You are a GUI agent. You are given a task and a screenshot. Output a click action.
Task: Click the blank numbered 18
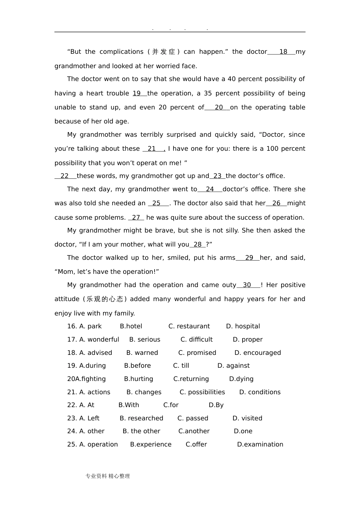click(x=283, y=52)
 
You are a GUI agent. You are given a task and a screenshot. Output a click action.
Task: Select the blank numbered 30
click(x=247, y=285)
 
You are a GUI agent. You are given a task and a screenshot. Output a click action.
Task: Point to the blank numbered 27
click(x=136, y=218)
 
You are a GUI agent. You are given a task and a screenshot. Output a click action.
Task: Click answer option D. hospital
click(x=243, y=326)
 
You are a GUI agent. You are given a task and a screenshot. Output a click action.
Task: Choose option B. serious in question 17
click(x=145, y=340)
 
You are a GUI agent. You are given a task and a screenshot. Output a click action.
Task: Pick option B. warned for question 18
click(x=142, y=353)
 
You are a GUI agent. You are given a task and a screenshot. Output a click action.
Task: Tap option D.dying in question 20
click(x=241, y=379)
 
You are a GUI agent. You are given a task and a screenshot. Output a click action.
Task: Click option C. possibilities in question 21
click(x=202, y=392)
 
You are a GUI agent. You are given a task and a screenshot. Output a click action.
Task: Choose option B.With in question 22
click(x=129, y=405)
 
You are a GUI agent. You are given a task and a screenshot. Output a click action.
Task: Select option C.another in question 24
click(x=194, y=431)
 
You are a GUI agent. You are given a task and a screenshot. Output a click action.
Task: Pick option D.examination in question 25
click(x=260, y=445)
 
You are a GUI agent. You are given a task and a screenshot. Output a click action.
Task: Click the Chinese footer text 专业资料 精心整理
click(x=108, y=476)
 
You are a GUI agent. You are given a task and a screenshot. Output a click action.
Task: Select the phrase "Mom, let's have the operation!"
click(x=107, y=272)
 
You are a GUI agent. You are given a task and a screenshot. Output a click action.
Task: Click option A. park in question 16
click(x=90, y=326)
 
